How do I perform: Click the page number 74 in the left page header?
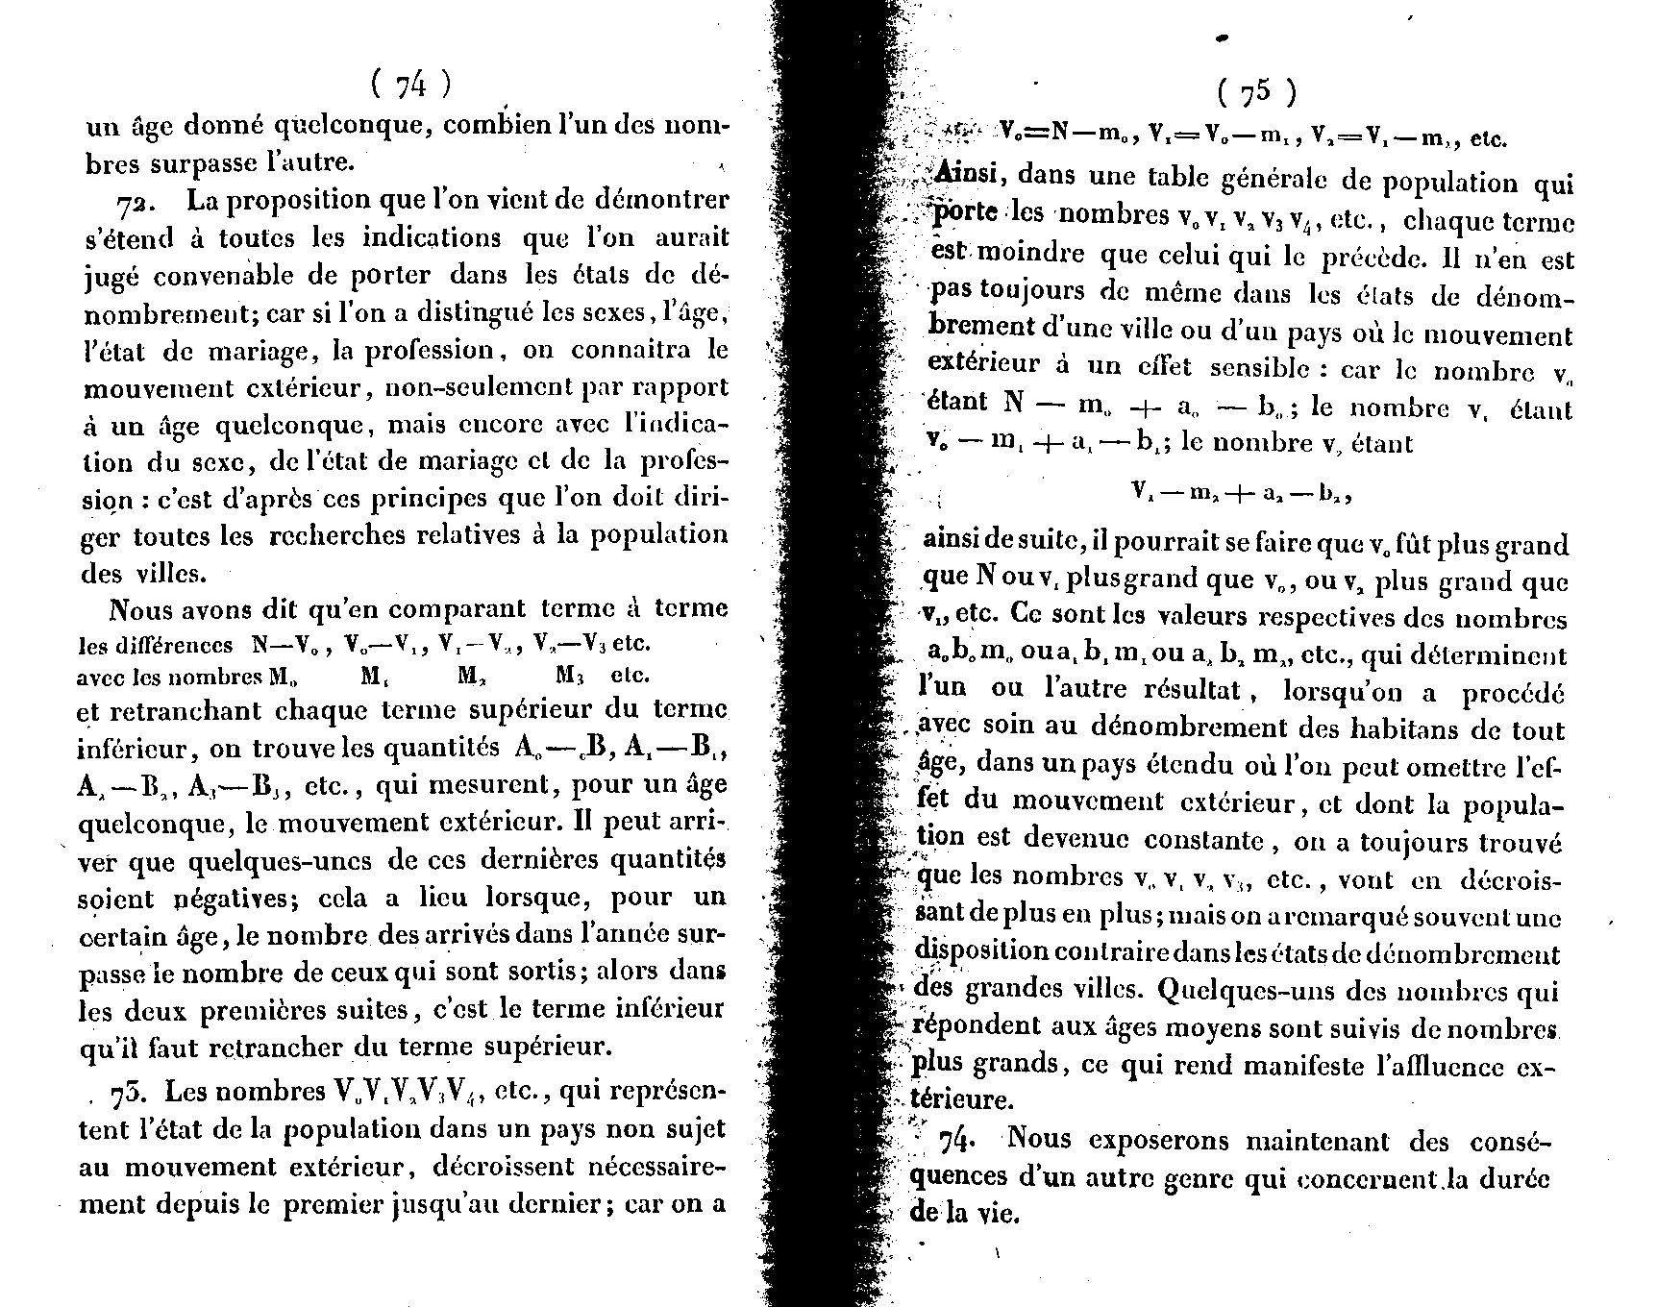tap(410, 86)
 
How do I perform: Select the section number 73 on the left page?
tap(130, 1093)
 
